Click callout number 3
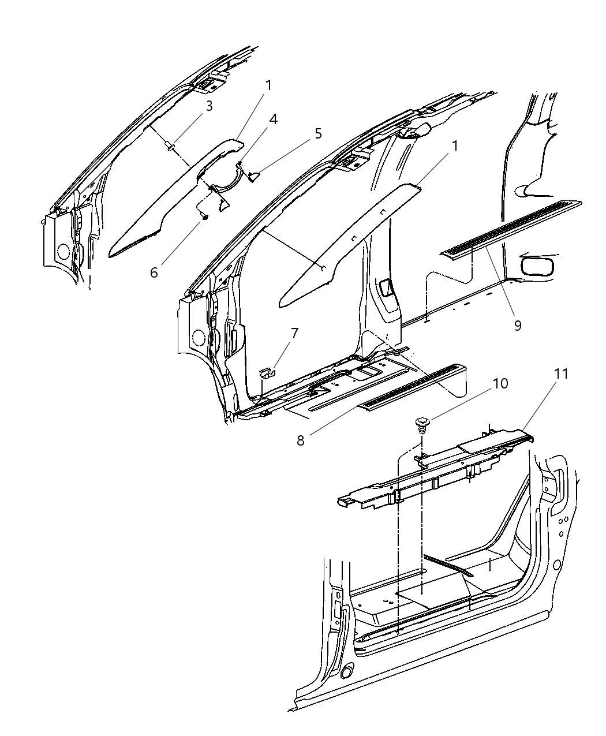tap(209, 106)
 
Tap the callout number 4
tap(272, 119)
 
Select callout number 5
tap(318, 134)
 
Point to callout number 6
tap(154, 272)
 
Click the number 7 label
tap(294, 333)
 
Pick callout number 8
tap(300, 440)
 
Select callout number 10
tap(500, 383)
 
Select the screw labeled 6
tap(204, 215)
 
